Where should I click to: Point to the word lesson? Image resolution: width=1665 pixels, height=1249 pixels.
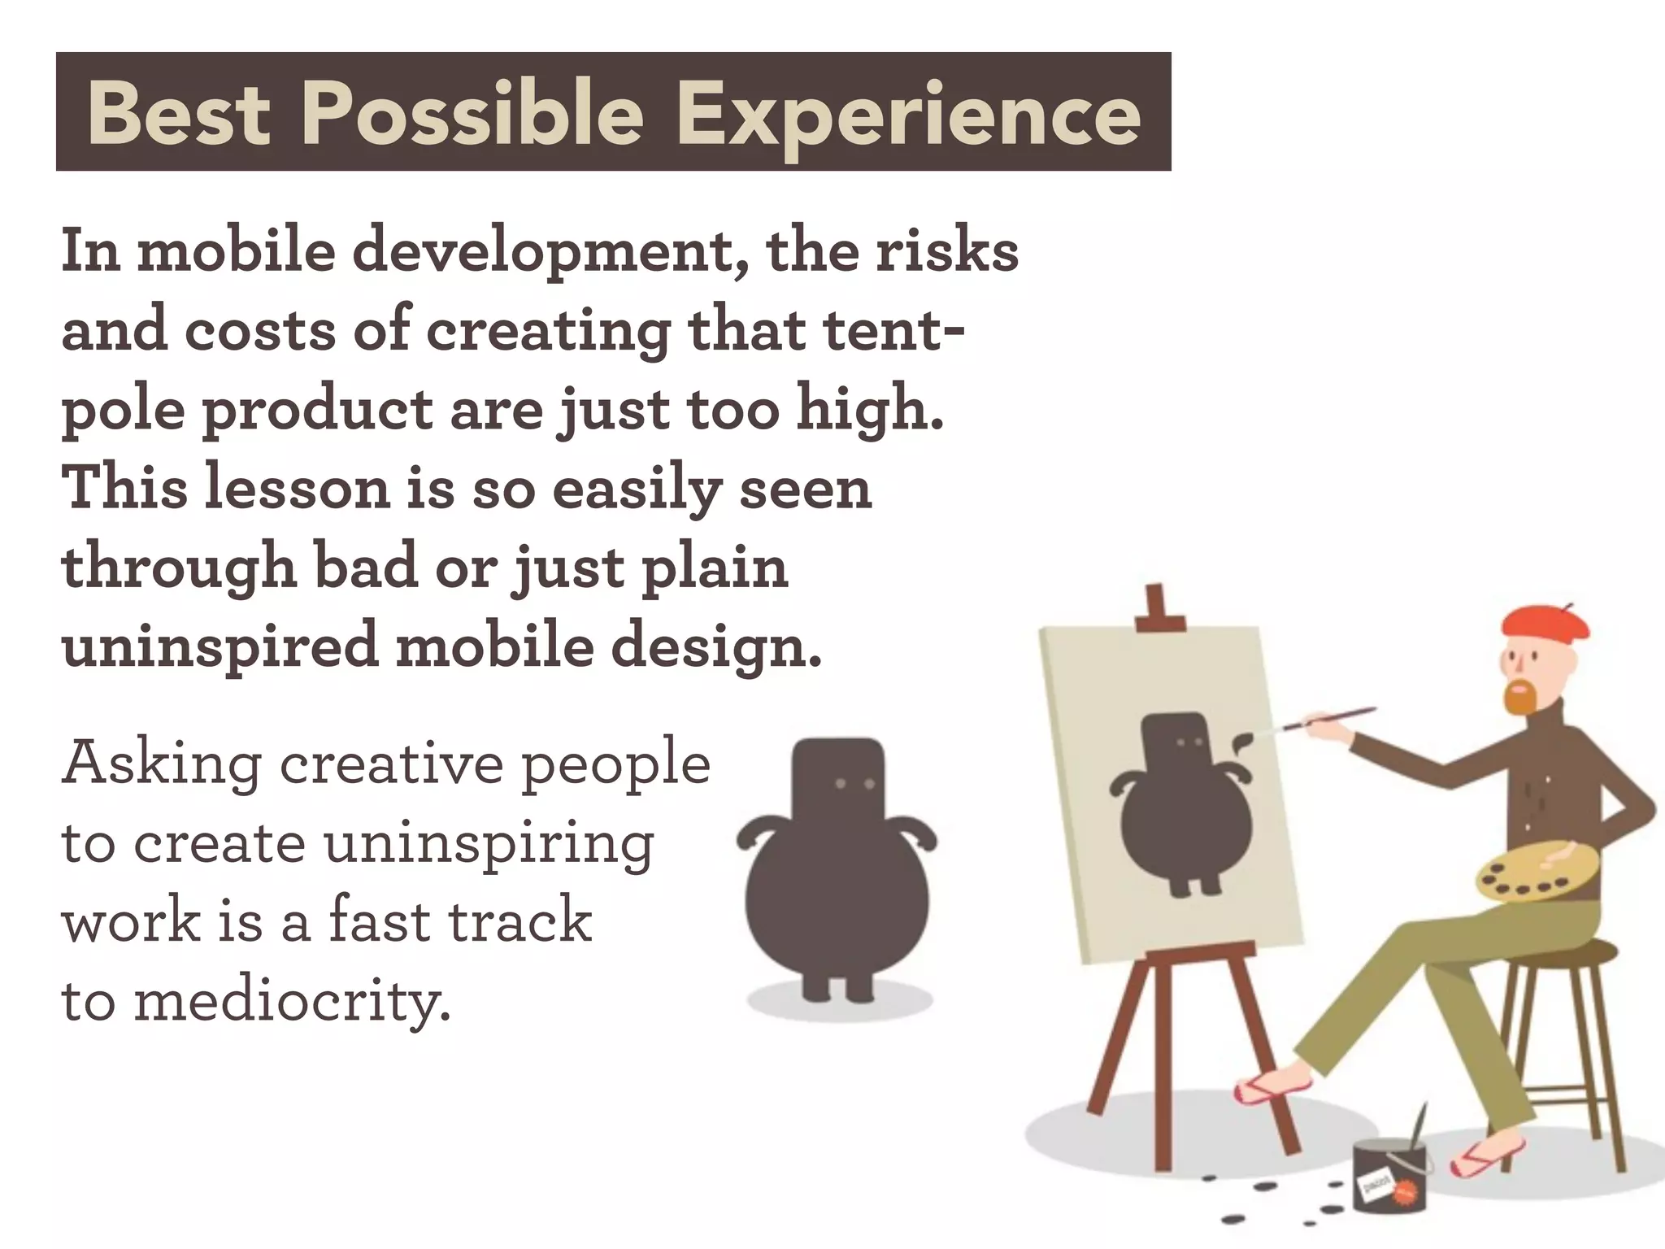pos(298,489)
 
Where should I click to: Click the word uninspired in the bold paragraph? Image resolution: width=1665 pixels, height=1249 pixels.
pos(220,646)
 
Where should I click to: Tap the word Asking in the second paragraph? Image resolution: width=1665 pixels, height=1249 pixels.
pos(162,765)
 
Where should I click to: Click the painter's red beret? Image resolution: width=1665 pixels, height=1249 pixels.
pos(1545,623)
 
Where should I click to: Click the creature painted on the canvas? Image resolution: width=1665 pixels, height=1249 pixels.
pos(1179,805)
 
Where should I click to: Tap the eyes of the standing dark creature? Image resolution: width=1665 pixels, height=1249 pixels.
pos(854,784)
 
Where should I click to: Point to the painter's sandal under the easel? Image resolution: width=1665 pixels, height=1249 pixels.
pos(1272,1088)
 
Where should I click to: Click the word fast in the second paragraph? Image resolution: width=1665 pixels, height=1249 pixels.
pos(378,921)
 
